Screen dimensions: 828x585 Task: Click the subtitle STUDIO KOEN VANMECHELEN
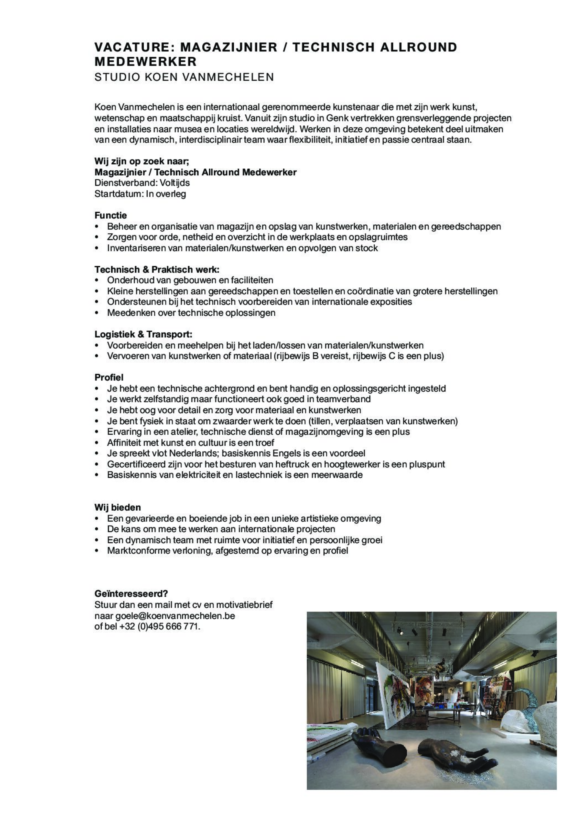point(184,77)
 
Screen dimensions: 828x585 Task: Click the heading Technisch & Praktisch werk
point(157,270)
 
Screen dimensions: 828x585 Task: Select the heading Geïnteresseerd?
point(131,594)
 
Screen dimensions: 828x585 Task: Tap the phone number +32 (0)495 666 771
point(159,626)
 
